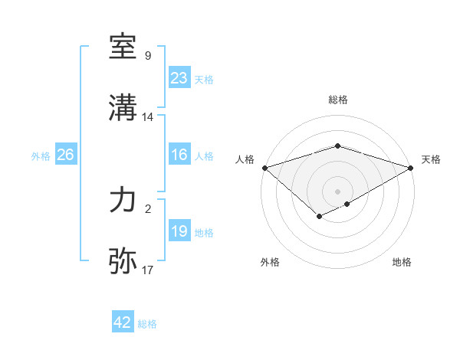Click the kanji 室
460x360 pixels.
tap(123, 47)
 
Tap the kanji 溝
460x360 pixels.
tap(123, 108)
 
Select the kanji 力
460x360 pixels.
tap(123, 200)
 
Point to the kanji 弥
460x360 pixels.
tap(123, 261)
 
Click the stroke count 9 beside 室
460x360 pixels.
tap(148, 56)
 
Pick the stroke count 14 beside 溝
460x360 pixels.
tap(148, 117)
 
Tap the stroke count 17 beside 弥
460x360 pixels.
tap(148, 270)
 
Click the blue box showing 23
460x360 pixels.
tap(179, 78)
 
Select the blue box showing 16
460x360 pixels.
tap(179, 155)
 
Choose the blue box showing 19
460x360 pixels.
tap(179, 231)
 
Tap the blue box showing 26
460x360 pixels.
tap(65, 155)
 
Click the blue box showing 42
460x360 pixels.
tap(122, 322)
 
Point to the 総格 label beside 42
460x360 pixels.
tap(147, 324)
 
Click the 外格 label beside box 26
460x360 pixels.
tap(41, 155)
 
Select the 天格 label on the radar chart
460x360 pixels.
tap(431, 159)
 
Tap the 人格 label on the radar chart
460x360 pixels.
tap(245, 159)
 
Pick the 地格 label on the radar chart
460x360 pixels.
tap(402, 262)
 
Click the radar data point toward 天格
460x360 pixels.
tap(412, 168)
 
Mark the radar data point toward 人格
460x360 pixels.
tap(264, 168)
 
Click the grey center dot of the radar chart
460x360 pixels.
tap(337, 191)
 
